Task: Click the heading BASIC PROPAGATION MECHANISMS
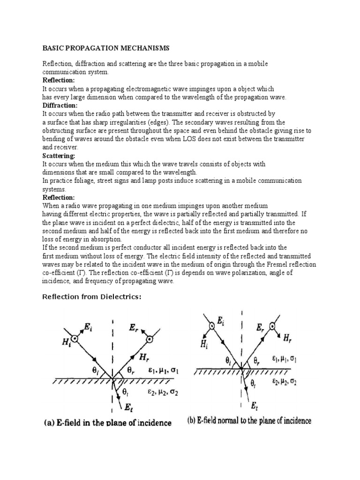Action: (106, 48)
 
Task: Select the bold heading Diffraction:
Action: (60, 105)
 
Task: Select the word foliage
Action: (81, 180)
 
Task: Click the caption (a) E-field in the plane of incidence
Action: (108, 423)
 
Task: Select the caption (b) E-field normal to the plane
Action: (249, 420)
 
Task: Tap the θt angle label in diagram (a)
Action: (126, 390)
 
